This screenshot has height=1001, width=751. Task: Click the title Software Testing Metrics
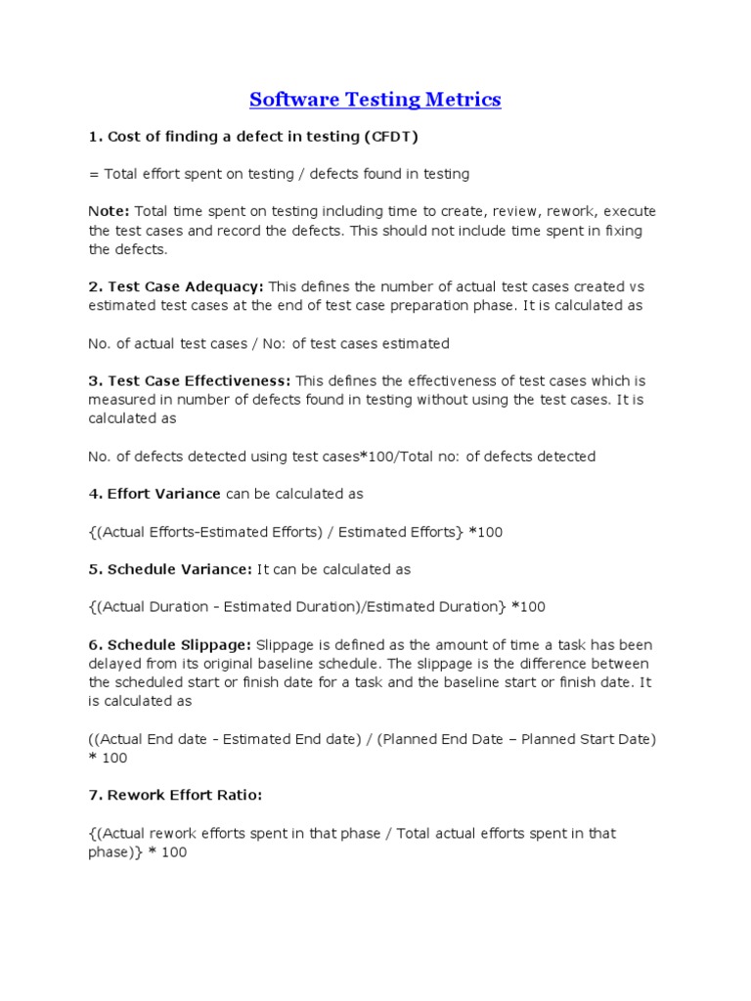375,99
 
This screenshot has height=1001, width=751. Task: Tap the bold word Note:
110,212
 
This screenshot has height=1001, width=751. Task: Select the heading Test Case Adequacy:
177,287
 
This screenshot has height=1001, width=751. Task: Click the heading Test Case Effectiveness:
191,381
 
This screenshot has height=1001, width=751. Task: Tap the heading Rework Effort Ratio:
176,796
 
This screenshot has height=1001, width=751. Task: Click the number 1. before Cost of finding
95,137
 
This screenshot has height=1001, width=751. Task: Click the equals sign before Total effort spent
94,174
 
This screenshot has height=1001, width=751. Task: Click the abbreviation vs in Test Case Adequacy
637,287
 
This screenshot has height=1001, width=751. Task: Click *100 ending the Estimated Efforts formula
486,532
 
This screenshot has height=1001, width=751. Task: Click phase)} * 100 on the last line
138,852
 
